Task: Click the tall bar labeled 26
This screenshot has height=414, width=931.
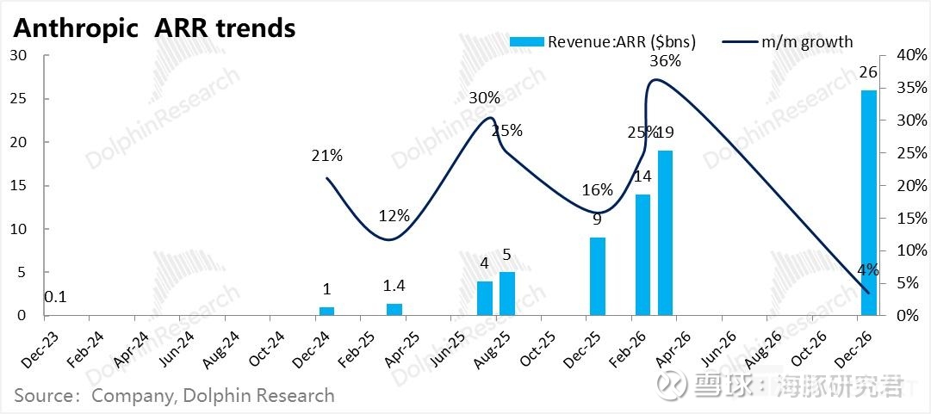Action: [868, 203]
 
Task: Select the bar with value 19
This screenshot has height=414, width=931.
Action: [665, 232]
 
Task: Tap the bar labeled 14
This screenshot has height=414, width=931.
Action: [642, 255]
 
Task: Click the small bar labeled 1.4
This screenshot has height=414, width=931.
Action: [394, 309]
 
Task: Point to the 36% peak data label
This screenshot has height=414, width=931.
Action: [665, 61]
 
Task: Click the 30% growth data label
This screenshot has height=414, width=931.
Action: [484, 98]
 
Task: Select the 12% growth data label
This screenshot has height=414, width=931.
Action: [394, 216]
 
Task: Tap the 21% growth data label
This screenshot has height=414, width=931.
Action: [327, 156]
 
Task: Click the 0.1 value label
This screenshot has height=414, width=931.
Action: [56, 298]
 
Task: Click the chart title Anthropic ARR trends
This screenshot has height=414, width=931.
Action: [155, 28]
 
